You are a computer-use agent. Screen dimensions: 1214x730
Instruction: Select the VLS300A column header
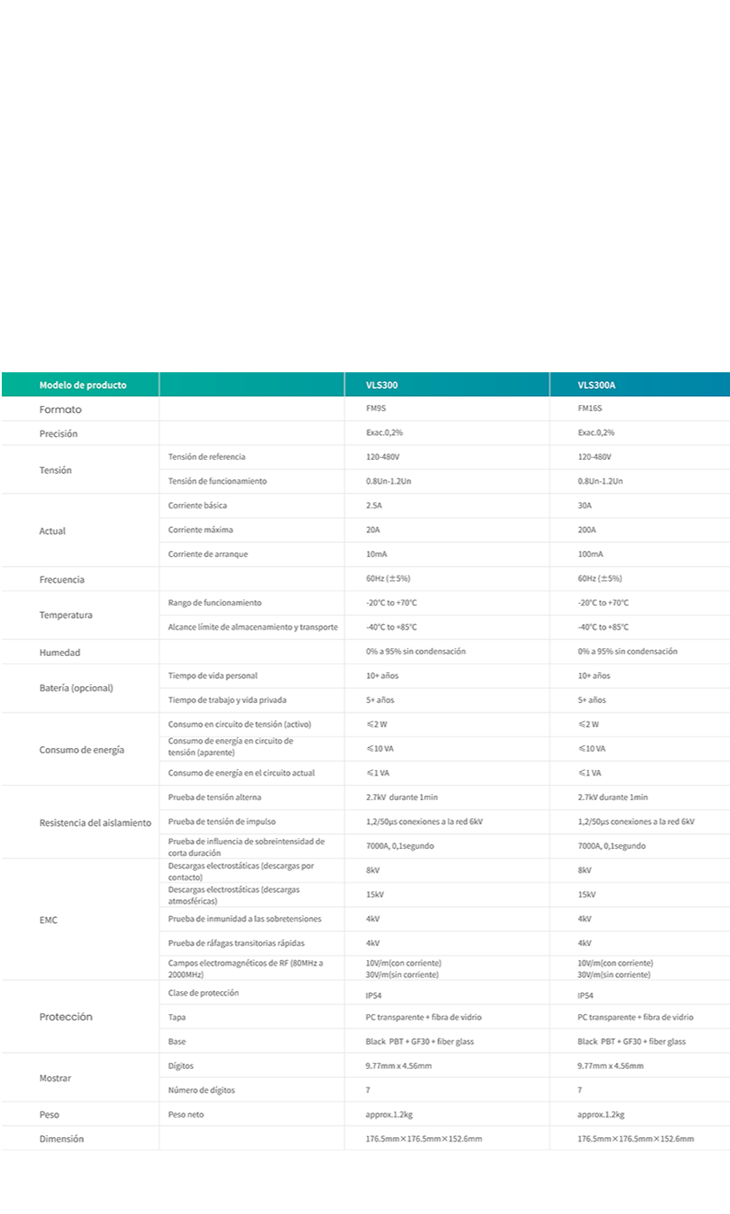(596, 386)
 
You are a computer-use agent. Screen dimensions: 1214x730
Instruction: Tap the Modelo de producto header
(82, 386)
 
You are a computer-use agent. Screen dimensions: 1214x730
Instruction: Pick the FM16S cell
(590, 409)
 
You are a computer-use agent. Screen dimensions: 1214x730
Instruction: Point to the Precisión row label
(58, 434)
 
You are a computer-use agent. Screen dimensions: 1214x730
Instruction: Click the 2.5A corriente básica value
(373, 506)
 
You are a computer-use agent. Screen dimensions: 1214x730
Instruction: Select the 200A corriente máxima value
(587, 530)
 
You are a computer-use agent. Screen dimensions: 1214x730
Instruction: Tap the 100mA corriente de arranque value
(590, 554)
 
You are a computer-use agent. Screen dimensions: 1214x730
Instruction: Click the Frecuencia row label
(62, 579)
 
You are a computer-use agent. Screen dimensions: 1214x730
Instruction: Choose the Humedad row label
(59, 653)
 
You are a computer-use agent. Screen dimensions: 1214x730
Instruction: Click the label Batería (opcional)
(76, 688)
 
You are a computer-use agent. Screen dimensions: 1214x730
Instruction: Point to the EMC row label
(49, 920)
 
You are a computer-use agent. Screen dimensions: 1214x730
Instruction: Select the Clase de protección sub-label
(203, 993)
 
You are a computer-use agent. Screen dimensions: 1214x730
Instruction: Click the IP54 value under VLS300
(374, 996)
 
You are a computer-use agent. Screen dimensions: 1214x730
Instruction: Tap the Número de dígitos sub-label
(202, 1090)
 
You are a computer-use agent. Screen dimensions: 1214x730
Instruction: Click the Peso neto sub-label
(186, 1114)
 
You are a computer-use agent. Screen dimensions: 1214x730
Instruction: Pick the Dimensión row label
(61, 1139)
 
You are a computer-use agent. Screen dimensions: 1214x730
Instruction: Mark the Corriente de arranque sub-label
(208, 554)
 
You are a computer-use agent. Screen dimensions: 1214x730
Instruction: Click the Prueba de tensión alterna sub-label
(214, 797)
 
